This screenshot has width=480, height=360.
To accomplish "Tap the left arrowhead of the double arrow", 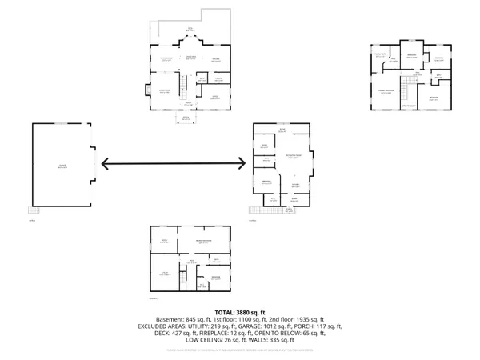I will pos(102,166).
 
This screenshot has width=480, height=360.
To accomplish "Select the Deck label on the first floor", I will pos(190,30).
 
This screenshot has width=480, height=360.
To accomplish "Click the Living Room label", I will pos(164,92).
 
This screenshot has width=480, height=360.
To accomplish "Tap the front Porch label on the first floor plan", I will pos(186,118).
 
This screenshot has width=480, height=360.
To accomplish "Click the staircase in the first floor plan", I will pos(182,83).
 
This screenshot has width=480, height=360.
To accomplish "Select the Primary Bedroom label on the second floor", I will pos(390,92).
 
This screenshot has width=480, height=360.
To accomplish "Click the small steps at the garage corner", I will pos(33,210).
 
